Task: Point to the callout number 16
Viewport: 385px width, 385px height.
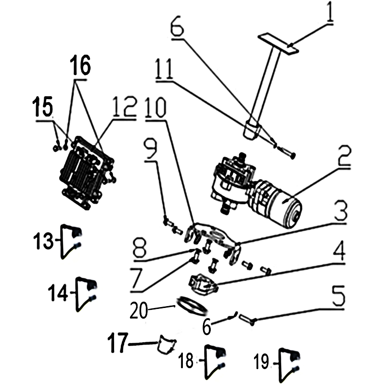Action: pyautogui.click(x=80, y=65)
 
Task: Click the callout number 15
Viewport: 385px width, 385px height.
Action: pyautogui.click(x=42, y=106)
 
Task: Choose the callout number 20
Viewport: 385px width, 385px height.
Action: pyautogui.click(x=139, y=310)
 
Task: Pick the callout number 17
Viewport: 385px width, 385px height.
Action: pyautogui.click(x=118, y=343)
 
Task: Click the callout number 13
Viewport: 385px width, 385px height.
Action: pyautogui.click(x=43, y=241)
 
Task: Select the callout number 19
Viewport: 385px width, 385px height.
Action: pyautogui.click(x=261, y=361)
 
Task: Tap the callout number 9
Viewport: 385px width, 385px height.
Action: pyautogui.click(x=150, y=150)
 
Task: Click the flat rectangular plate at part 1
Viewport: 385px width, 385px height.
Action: pyautogui.click(x=278, y=44)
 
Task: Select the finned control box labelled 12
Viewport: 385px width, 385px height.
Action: pyautogui.click(x=87, y=173)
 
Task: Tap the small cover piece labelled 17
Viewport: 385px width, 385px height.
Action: pyautogui.click(x=167, y=344)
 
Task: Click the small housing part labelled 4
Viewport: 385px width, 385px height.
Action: pyautogui.click(x=203, y=285)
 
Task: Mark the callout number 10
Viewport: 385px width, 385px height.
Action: pyautogui.click(x=155, y=107)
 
